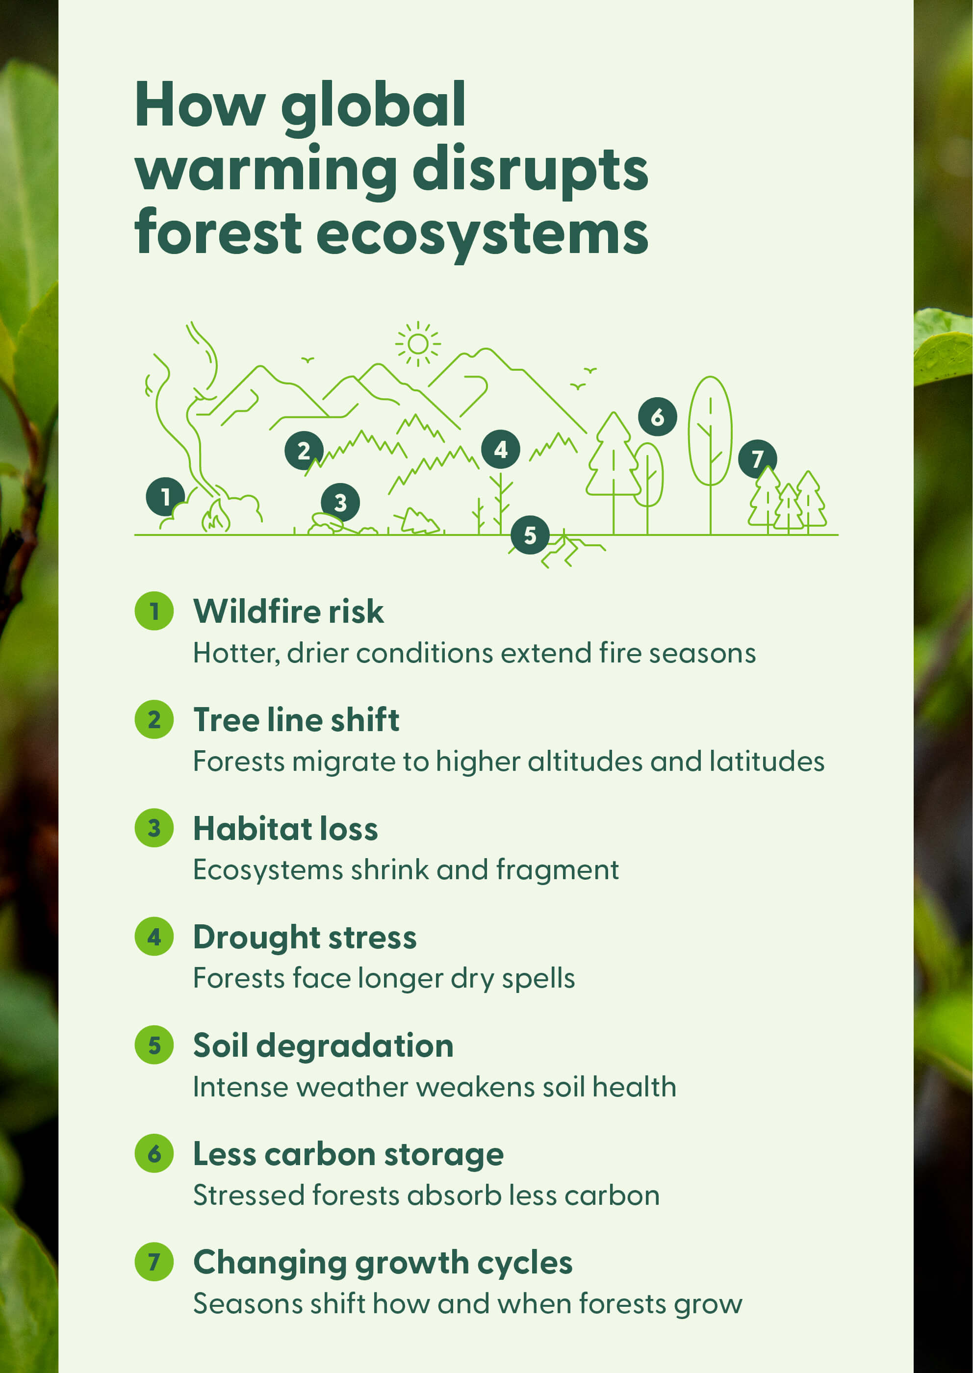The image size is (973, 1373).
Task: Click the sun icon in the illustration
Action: [x=418, y=344]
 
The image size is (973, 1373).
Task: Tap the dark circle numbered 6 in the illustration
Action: [x=657, y=416]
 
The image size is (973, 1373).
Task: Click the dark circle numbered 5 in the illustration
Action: [x=530, y=535]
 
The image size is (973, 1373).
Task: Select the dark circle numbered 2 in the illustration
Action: [x=304, y=451]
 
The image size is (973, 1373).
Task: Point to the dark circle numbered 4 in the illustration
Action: [x=500, y=449]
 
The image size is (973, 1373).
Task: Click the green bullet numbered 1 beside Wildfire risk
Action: [x=154, y=611]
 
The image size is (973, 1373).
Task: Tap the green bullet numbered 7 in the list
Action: [x=154, y=1262]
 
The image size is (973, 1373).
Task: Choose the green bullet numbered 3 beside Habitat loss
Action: [x=154, y=828]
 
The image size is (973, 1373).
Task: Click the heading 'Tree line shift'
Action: [x=296, y=719]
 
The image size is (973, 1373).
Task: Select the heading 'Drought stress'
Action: [x=305, y=938]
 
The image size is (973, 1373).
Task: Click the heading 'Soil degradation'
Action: [x=323, y=1046]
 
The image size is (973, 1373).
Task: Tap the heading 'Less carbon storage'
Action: [x=348, y=1154]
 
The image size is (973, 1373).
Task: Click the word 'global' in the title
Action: [x=373, y=108]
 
